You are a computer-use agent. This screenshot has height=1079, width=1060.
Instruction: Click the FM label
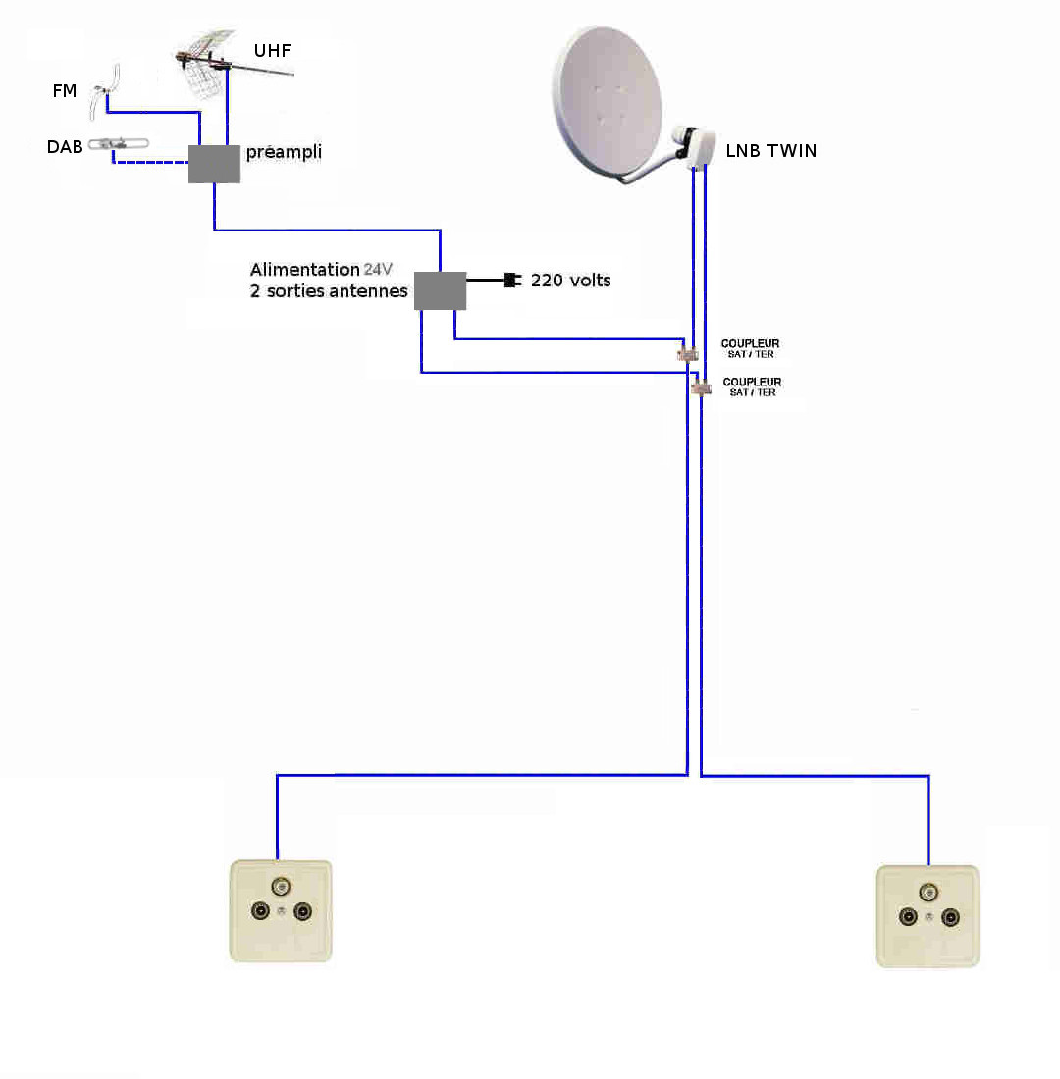click(64, 91)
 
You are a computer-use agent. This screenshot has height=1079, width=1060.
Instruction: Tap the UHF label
click(272, 51)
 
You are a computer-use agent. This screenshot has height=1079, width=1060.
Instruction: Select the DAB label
click(65, 146)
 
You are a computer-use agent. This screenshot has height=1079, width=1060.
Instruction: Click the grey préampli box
click(214, 164)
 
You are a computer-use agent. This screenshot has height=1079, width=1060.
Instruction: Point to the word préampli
click(284, 152)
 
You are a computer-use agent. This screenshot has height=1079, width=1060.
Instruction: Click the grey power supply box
click(440, 290)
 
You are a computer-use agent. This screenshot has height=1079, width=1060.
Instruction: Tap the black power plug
click(512, 281)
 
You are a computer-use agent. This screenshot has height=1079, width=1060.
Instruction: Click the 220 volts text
click(570, 281)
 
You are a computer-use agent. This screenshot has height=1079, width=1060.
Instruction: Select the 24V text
click(378, 269)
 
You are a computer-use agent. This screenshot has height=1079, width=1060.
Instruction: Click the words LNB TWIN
click(771, 151)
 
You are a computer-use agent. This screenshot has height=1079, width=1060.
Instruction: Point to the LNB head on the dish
click(694, 145)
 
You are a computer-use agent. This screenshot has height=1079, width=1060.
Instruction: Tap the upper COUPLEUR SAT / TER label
click(750, 348)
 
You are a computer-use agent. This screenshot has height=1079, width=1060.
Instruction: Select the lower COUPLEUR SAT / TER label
click(752, 386)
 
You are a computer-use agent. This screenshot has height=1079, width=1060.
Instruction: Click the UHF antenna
click(228, 62)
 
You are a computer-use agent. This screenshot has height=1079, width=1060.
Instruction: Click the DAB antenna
click(119, 144)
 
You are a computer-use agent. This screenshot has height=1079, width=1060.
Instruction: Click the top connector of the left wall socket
click(281, 886)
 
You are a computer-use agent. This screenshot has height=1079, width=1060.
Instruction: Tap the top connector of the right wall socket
click(928, 893)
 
